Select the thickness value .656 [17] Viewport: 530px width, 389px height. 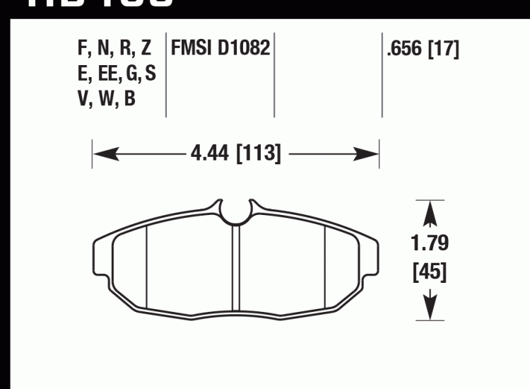(422, 50)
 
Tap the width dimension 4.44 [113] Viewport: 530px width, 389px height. (236, 153)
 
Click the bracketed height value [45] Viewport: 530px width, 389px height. (430, 272)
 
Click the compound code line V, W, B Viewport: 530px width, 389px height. (107, 99)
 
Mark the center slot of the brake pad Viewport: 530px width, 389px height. (236, 269)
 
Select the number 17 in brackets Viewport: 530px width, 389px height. (444, 50)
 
